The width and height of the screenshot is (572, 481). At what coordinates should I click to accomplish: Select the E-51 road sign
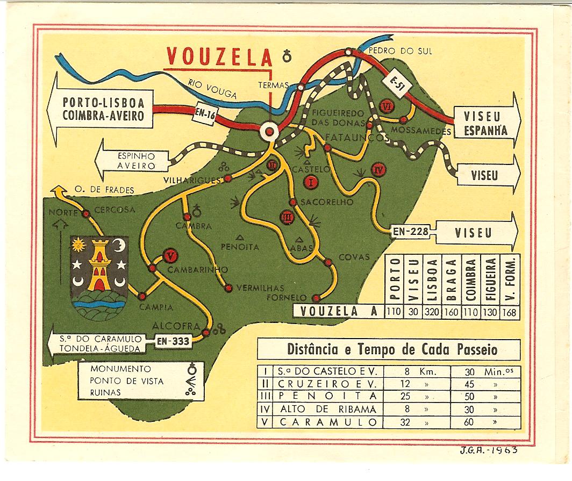coord(397,83)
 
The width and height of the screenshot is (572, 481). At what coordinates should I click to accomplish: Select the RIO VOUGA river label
coord(212,89)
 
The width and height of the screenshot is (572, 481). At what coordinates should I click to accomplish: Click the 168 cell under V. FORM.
coord(511,311)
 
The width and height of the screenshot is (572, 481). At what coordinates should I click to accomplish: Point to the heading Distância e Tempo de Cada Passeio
coord(389,350)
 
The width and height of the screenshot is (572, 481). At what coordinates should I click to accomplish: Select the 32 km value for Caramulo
coord(406,422)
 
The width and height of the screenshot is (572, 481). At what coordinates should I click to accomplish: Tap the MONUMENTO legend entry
coord(121,369)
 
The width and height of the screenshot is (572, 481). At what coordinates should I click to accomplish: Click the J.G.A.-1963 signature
coord(489,450)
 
